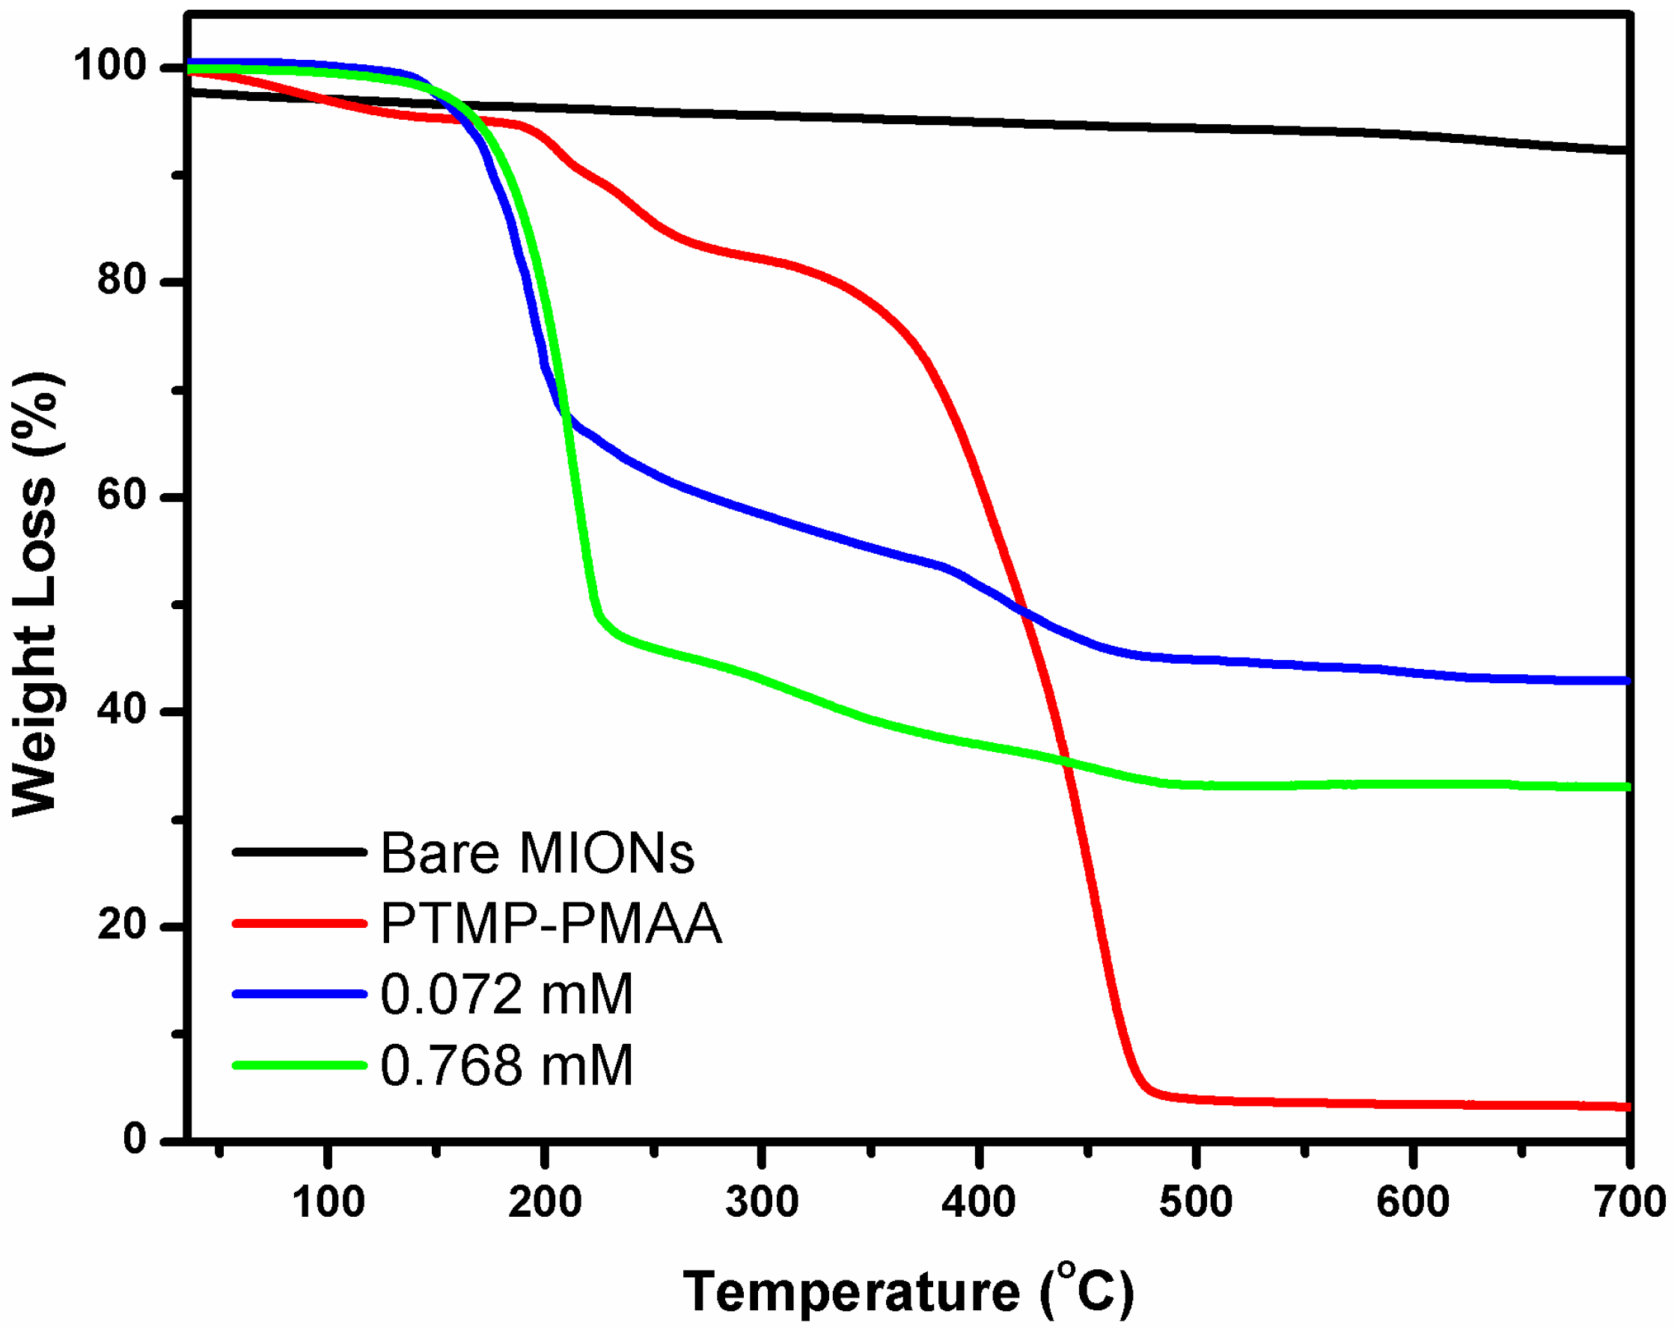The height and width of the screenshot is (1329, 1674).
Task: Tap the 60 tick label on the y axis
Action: point(122,495)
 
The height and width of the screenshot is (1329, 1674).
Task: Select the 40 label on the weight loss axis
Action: point(122,709)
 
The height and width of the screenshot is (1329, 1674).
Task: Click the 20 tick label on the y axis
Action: point(122,925)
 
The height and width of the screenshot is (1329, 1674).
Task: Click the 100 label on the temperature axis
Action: point(328,1203)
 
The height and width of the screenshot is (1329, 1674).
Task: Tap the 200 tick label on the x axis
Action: point(545,1203)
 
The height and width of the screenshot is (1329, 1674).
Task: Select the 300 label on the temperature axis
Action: point(762,1203)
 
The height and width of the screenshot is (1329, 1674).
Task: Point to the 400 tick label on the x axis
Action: point(978,1203)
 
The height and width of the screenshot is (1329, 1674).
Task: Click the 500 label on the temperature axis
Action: point(1196,1203)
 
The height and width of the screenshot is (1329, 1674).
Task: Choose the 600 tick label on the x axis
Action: point(1412,1203)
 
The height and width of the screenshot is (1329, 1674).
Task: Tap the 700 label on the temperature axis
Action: point(1630,1203)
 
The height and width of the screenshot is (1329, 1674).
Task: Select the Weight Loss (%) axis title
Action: point(36,594)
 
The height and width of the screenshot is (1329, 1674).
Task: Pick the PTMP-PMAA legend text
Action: point(552,923)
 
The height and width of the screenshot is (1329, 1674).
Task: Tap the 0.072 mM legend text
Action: point(506,995)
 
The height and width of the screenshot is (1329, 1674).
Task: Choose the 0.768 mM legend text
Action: point(506,1066)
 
